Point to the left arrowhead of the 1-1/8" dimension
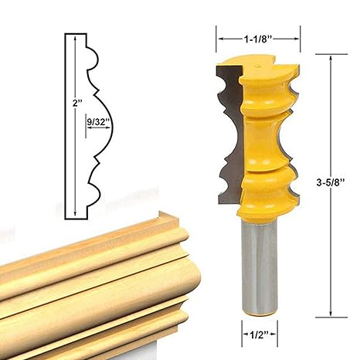tap(219, 36)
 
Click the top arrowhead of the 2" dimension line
tap(74, 38)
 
